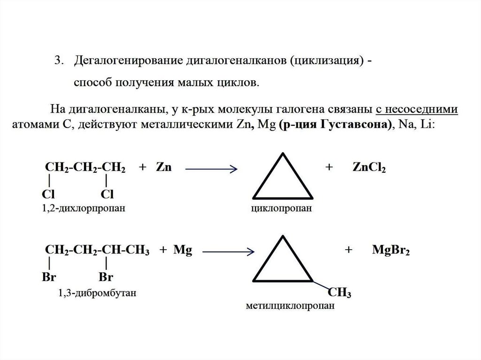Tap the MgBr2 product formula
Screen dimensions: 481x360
click(x=391, y=251)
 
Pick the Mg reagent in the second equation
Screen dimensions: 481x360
click(x=182, y=251)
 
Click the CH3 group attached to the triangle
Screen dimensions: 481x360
click(x=340, y=293)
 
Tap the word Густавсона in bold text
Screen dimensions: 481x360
click(x=356, y=125)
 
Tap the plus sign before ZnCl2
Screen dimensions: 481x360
click(x=329, y=168)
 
